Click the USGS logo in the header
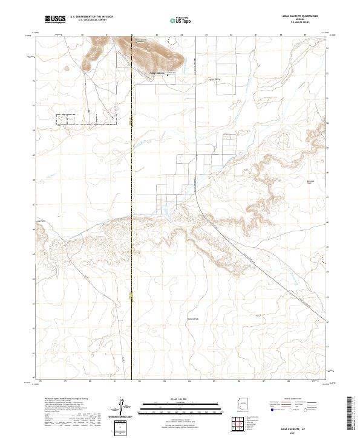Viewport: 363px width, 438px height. click(x=55, y=19)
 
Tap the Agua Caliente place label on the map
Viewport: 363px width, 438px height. click(x=157, y=74)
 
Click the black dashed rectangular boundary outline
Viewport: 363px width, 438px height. click(x=85, y=118)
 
